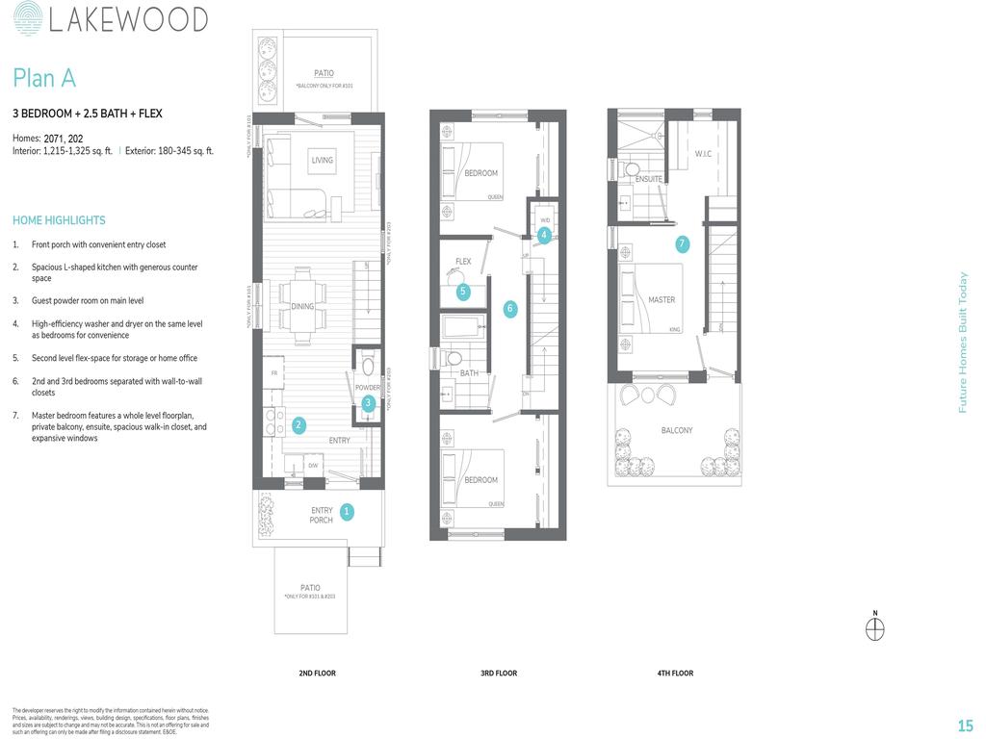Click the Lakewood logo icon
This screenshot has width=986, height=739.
tap(28, 19)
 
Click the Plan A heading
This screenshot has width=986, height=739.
tap(43, 78)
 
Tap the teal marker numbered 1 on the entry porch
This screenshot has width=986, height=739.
tap(347, 512)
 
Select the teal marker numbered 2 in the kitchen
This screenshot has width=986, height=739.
tap(298, 425)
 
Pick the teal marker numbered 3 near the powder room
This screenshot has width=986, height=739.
tap(368, 403)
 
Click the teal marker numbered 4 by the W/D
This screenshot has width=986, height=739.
tap(544, 235)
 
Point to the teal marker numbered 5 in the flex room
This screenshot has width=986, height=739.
tap(463, 291)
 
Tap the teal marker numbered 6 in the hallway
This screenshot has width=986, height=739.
tap(510, 309)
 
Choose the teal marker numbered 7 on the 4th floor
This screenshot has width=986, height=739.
tap(682, 244)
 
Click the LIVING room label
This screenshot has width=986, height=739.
tap(322, 161)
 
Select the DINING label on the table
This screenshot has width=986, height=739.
tap(302, 306)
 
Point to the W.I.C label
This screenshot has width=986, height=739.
tap(703, 154)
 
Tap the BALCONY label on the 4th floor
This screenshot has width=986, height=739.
tap(676, 430)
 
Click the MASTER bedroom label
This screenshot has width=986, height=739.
tap(662, 300)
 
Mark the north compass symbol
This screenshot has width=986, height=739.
tap(874, 628)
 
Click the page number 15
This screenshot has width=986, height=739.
tap(965, 726)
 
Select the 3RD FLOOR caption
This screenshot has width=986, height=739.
tap(499, 674)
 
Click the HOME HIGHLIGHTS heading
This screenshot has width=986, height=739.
tap(59, 220)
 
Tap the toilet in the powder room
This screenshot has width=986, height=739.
tap(366, 365)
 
